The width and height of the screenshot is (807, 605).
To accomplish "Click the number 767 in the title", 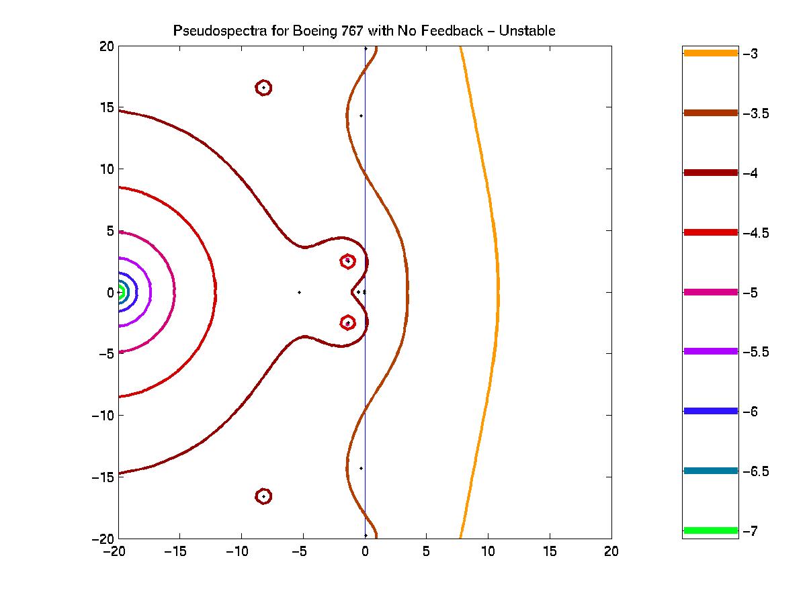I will tap(351, 31).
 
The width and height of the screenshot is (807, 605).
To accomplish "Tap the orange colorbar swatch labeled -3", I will tap(710, 53).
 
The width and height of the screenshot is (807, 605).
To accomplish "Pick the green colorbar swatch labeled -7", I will tap(710, 530).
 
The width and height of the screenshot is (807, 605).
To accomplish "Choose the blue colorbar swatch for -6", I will tap(710, 411).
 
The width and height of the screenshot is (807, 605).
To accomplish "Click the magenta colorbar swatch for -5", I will tap(710, 292).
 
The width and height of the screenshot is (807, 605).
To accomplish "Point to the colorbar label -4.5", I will tap(756, 233).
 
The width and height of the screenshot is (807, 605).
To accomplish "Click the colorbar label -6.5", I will tap(756, 471).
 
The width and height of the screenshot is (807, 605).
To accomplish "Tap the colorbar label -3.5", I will tap(756, 113).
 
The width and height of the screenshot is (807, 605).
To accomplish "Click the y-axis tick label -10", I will tap(102, 415).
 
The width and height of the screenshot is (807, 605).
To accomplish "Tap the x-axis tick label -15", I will tap(177, 551).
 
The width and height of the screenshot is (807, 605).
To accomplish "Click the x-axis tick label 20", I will tap(611, 551).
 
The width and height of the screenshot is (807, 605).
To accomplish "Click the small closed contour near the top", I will tap(264, 88).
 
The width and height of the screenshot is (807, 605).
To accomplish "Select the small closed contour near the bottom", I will tap(264, 496).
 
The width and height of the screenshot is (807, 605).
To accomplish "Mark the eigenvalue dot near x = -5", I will tap(299, 292).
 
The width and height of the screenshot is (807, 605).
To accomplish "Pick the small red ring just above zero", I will tap(347, 261).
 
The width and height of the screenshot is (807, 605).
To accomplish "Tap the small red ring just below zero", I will tap(347, 323).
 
